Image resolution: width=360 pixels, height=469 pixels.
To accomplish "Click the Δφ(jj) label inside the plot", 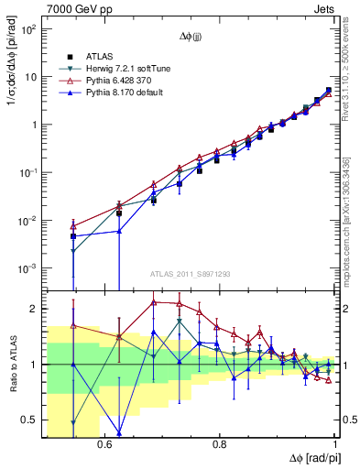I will pyautogui.click(x=191, y=38).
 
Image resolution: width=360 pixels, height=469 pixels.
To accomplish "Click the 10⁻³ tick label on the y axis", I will pyautogui.click(x=29, y=268).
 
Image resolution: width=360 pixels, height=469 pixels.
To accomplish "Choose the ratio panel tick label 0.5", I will pyautogui.click(x=32, y=420).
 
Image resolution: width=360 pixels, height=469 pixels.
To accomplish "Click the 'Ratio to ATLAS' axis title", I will pyautogui.click(x=12, y=365).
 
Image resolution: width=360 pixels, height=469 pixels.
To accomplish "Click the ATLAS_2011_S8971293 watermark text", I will pyautogui.click(x=191, y=274).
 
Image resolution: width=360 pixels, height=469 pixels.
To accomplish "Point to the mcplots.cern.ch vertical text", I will pyautogui.click(x=353, y=211).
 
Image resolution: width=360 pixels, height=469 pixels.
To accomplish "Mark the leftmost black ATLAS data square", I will pyautogui.click(x=72, y=236).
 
